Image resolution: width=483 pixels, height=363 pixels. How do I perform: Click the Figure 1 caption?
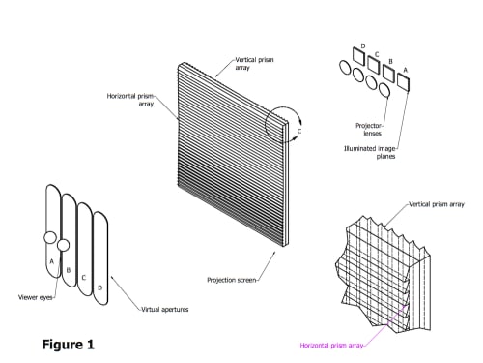tap(69, 345)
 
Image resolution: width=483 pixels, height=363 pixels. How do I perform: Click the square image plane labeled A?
tap(403, 81)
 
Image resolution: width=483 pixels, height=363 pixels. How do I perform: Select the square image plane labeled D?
tap(358, 56)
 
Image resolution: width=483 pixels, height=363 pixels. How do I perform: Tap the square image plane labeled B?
tap(388, 73)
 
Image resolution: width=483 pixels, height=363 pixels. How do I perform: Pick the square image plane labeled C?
tap(374, 64)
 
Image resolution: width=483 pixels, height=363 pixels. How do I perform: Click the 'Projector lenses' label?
tap(369, 130)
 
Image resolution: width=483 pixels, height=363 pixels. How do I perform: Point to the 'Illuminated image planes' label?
tap(370, 152)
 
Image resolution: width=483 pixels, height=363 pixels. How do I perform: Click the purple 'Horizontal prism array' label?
tap(331, 346)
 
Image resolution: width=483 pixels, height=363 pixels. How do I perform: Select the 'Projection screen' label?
tap(232, 280)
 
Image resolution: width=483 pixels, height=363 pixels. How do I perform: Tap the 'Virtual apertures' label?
tap(165, 310)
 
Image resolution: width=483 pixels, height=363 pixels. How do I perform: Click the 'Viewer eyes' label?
tap(35, 297)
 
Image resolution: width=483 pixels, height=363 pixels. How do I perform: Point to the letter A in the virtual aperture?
tap(51, 261)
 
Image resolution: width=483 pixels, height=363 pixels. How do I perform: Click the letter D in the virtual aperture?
tap(99, 287)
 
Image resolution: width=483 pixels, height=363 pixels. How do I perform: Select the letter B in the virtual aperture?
tap(69, 270)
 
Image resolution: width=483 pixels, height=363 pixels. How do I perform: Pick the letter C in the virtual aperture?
tap(84, 278)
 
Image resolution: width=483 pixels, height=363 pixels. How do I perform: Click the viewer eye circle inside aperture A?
tap(50, 238)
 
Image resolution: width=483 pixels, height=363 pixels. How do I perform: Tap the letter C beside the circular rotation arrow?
tap(299, 131)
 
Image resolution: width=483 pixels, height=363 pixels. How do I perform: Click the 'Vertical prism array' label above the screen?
tap(254, 64)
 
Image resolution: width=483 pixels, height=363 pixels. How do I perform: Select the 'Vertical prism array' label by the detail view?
tap(437, 204)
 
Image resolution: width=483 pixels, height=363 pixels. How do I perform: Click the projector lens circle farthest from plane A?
tap(345, 68)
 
